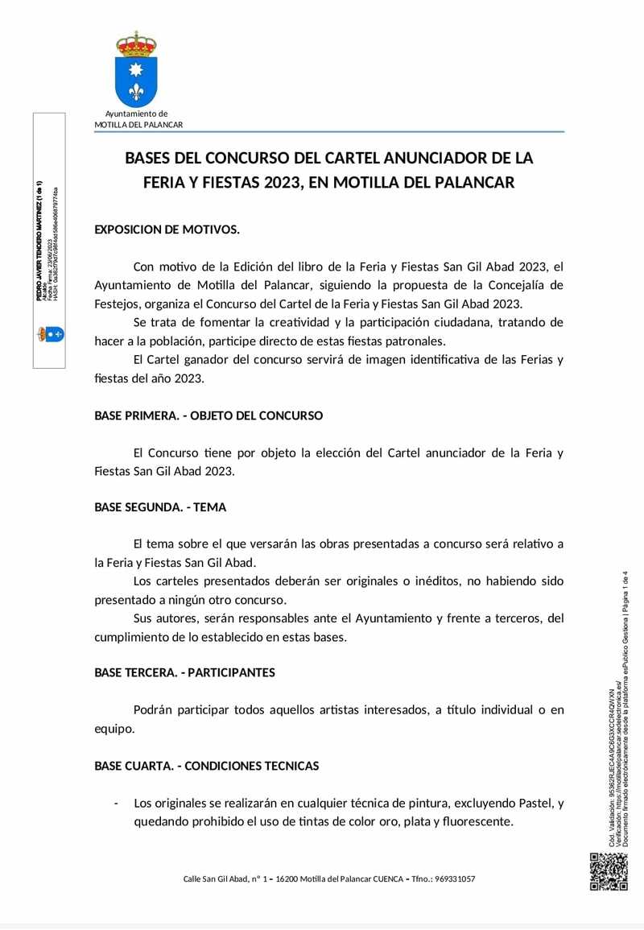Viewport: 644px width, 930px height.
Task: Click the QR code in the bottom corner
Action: point(608,871)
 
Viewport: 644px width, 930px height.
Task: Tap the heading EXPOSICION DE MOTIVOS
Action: point(167,229)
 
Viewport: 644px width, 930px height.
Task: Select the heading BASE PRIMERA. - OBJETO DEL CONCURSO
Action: point(208,415)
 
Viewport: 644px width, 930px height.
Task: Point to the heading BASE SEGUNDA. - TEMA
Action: point(160,507)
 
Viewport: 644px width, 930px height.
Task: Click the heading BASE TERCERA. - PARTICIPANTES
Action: point(184,672)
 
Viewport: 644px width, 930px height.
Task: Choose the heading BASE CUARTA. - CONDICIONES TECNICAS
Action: point(206,766)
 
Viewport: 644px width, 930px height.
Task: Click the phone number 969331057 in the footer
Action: point(452,878)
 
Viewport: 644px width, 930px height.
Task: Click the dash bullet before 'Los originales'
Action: point(117,803)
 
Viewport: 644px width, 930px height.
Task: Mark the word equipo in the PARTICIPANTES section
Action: point(113,729)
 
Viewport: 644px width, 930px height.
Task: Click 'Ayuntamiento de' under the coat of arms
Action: point(136,114)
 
